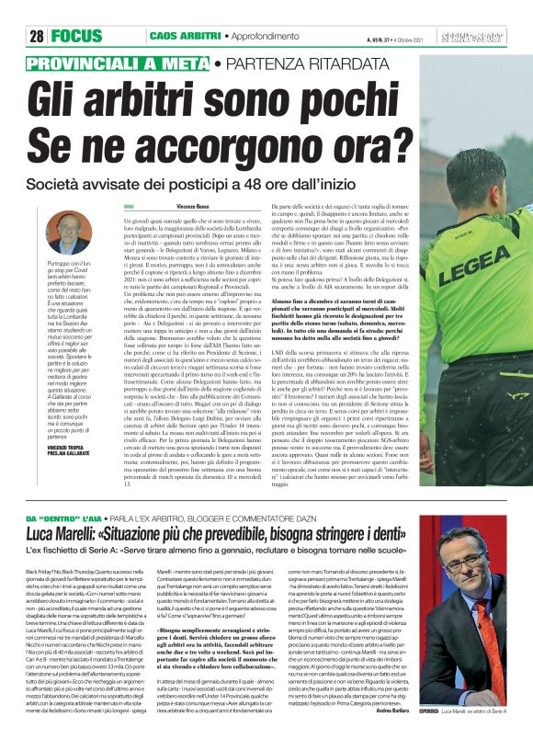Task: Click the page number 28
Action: tap(37, 37)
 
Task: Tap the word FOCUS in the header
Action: tap(77, 37)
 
